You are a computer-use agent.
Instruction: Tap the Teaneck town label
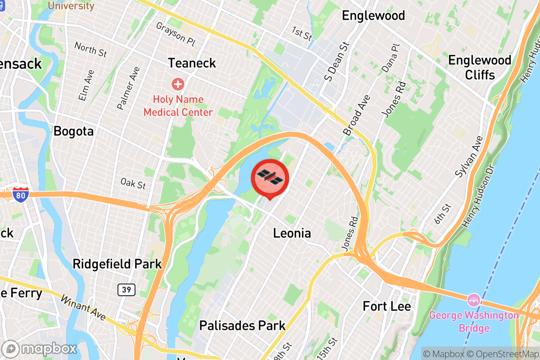192,63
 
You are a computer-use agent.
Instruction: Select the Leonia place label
292,233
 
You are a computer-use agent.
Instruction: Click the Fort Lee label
387,306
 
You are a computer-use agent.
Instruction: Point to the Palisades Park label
242,325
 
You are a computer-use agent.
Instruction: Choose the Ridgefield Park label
117,264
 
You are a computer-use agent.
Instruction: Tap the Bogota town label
73,131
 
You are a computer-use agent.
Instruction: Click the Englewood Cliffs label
480,67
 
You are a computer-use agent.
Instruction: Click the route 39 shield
126,290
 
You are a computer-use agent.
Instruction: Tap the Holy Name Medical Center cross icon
178,84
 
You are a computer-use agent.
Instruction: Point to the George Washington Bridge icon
473,299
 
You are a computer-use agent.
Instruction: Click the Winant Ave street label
83,308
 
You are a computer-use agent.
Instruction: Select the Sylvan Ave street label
466,155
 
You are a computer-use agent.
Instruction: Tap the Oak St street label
133,183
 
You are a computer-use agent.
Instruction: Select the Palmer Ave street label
128,88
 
